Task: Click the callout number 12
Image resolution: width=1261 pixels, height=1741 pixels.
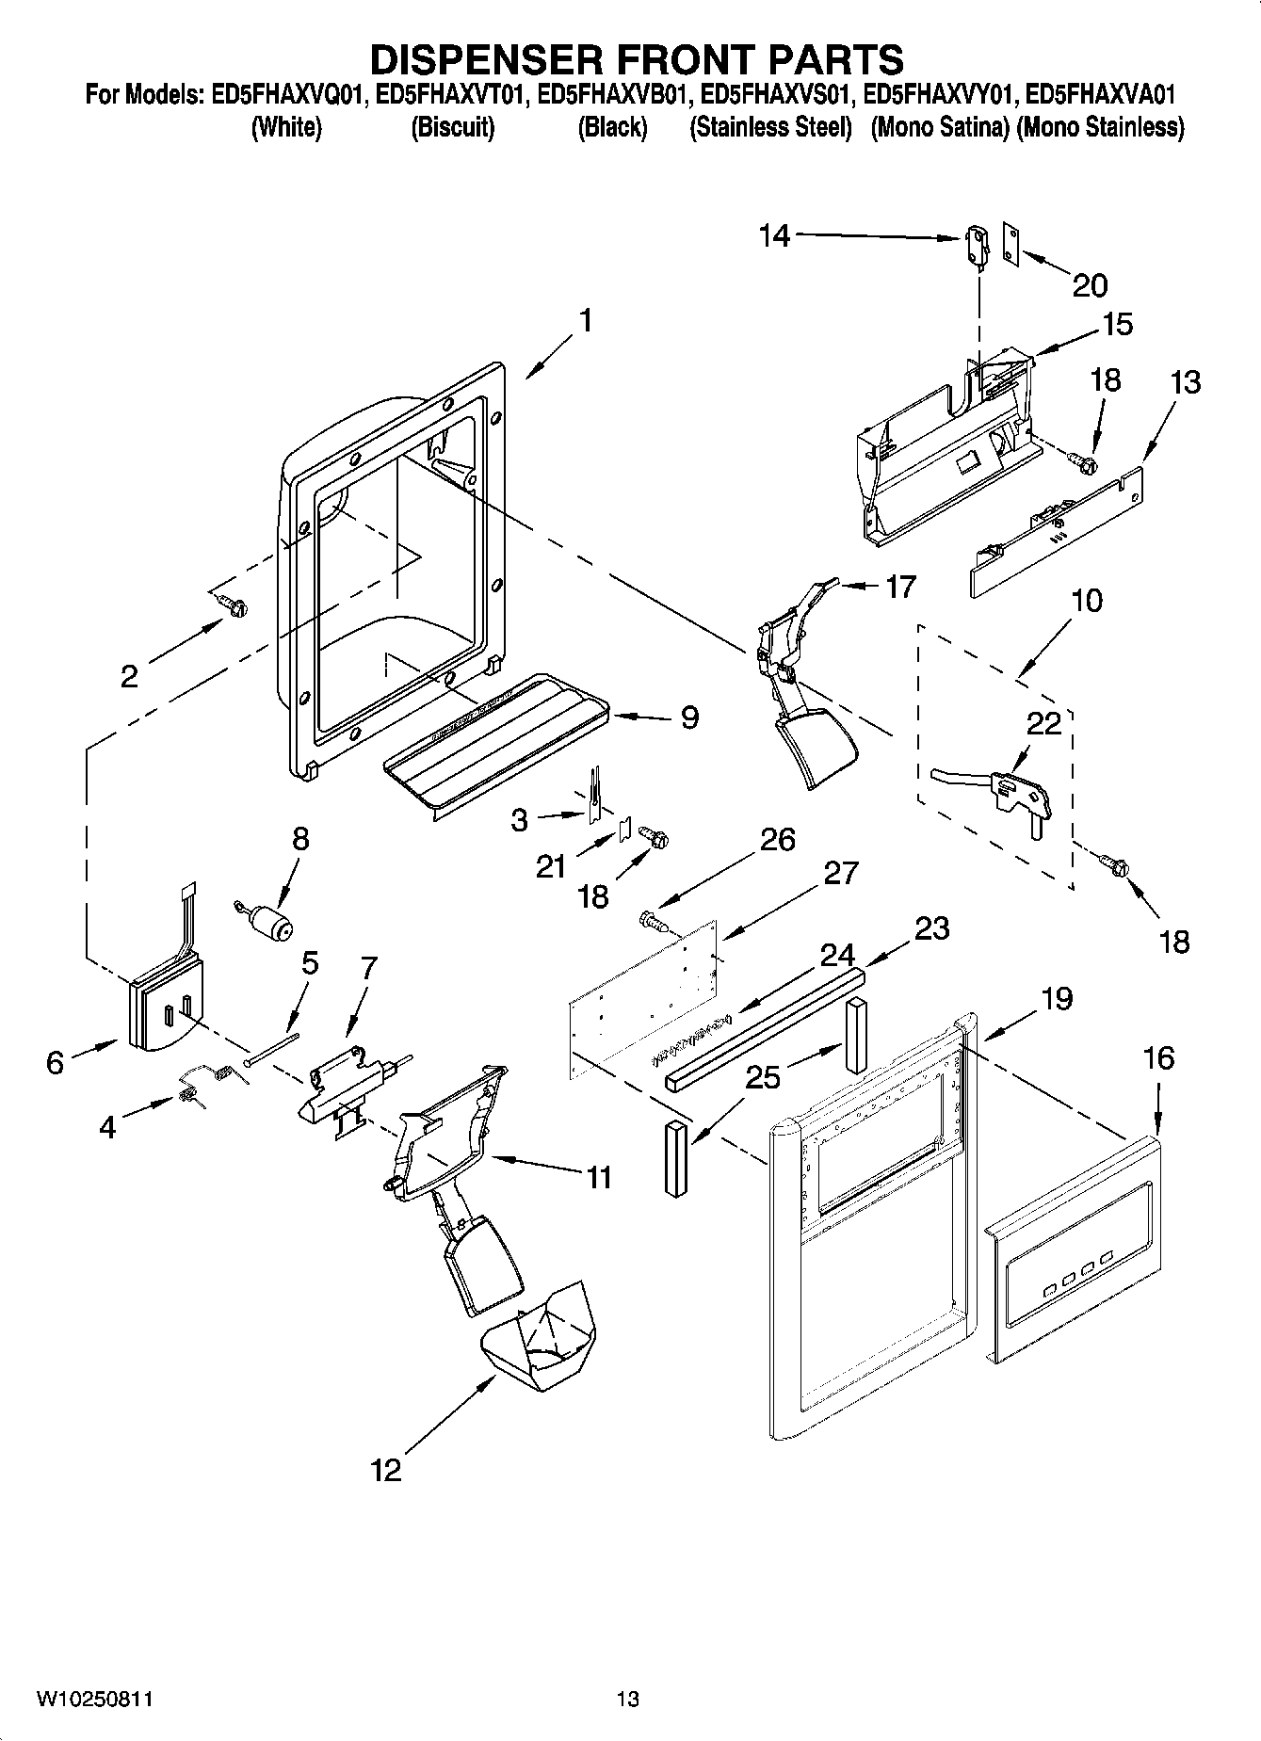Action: [x=386, y=1470]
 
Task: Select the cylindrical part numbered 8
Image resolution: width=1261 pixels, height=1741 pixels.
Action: [x=272, y=925]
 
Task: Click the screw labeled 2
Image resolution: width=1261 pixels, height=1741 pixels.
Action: [x=231, y=605]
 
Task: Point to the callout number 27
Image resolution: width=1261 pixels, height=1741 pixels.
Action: [x=840, y=873]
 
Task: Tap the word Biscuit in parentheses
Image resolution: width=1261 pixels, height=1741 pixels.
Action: [x=453, y=128]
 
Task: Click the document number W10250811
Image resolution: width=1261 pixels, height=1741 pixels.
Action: [x=94, y=1700]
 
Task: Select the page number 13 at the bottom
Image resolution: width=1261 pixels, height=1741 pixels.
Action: [x=628, y=1700]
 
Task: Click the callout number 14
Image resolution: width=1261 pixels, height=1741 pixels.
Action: [x=775, y=235]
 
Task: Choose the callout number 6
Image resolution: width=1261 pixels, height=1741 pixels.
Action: [x=55, y=1063]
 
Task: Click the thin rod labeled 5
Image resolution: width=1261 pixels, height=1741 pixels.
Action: [x=271, y=1048]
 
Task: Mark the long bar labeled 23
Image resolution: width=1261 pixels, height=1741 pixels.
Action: [x=763, y=1028]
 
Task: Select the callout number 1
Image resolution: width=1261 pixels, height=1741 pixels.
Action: [x=586, y=321]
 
